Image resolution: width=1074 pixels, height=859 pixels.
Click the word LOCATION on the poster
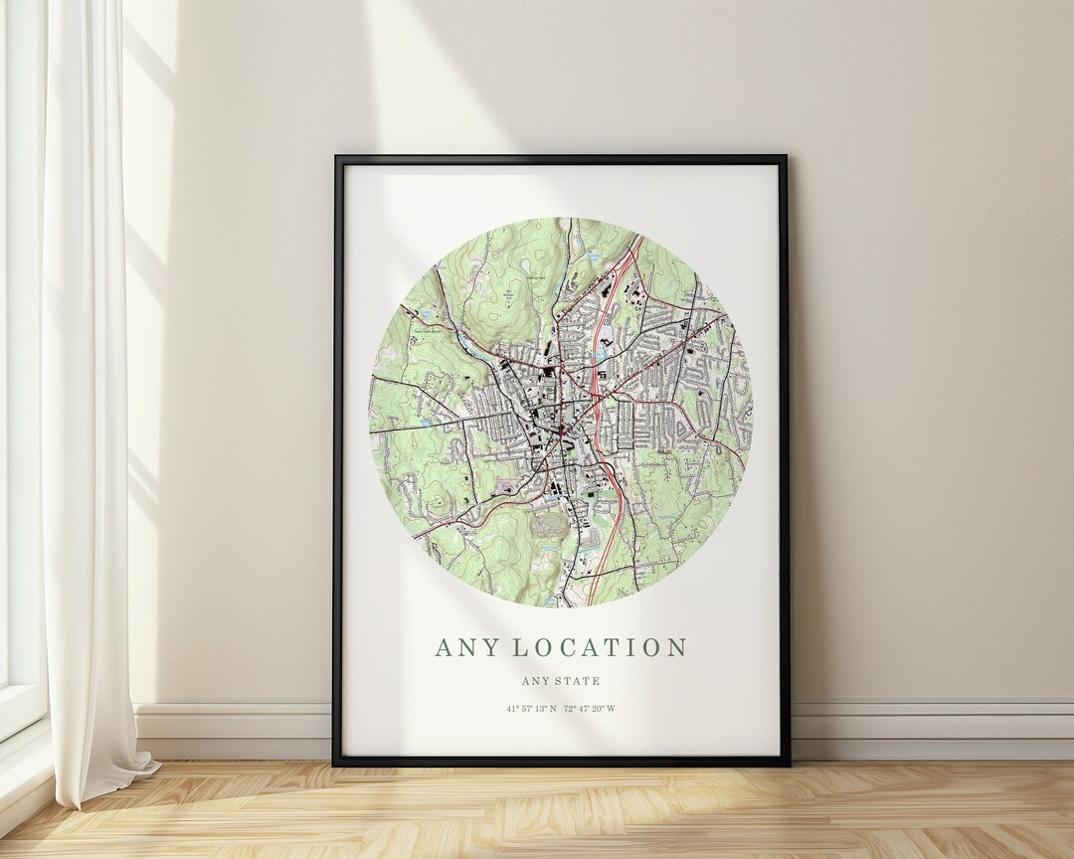coord(600,647)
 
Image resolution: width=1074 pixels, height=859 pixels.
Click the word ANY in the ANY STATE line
coord(535,681)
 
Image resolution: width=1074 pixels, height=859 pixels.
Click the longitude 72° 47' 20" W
coord(590,709)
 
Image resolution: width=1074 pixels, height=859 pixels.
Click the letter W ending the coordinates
coord(612,709)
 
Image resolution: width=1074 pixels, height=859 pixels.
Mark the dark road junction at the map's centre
coord(561,429)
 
